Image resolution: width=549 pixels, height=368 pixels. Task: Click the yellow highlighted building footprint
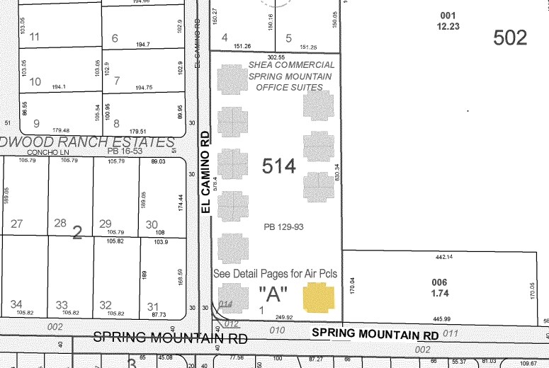318,298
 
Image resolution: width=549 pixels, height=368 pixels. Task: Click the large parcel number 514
278,166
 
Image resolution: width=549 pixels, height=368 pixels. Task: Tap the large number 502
510,38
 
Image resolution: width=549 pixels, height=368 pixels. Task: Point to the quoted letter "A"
273,293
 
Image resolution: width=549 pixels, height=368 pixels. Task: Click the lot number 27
16,224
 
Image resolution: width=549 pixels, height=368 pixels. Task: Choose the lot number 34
16,305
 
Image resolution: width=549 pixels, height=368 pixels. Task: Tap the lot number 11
34,37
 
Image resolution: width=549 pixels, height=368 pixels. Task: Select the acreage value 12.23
448,26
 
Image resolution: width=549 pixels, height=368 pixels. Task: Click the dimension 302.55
276,57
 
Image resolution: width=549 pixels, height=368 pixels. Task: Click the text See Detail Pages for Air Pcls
275,273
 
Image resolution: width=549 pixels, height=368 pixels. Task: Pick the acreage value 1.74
439,292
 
